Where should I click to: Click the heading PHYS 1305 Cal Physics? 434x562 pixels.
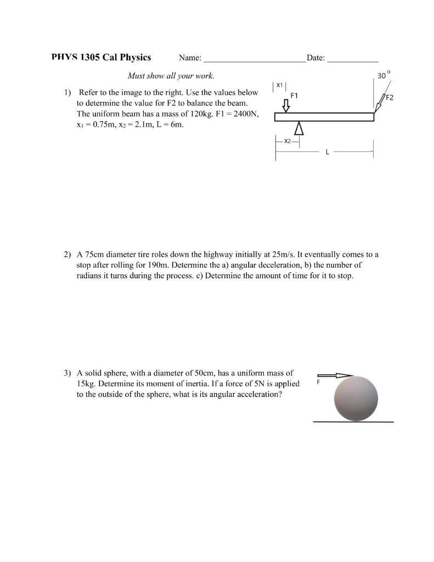point(101,58)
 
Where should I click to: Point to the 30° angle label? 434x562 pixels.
point(384,75)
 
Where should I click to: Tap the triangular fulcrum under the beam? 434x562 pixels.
point(298,128)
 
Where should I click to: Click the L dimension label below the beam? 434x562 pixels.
point(328,152)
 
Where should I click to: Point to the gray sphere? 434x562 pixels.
point(356,398)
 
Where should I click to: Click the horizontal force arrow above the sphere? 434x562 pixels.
point(335,375)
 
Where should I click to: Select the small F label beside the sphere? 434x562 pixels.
point(316,380)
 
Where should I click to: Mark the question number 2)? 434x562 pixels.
point(67,255)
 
